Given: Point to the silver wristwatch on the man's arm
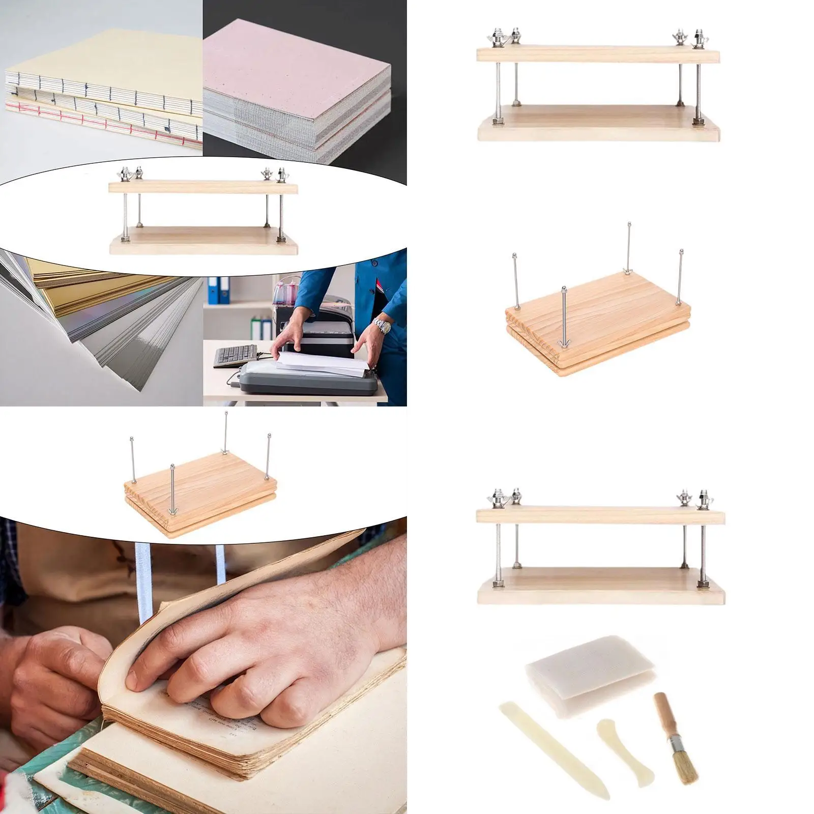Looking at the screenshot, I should [x=382, y=325].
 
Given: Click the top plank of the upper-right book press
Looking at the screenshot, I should [x=598, y=55].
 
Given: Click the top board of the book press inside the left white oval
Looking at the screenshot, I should [x=202, y=187].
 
